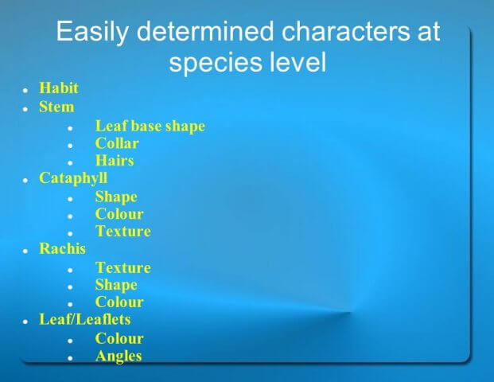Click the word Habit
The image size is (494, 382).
[x=59, y=88]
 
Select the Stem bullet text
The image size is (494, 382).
[x=56, y=107]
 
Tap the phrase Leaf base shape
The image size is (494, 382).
[x=150, y=127]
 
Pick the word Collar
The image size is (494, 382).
[x=117, y=143]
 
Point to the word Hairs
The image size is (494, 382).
[x=115, y=161]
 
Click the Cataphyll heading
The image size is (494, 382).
[x=73, y=178]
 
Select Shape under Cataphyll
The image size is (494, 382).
[x=116, y=197]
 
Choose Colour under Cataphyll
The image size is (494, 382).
[x=119, y=214]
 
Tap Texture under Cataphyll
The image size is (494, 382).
[x=123, y=232]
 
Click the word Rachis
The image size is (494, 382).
[x=62, y=248]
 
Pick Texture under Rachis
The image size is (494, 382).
[x=123, y=268]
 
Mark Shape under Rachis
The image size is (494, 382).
[x=116, y=285]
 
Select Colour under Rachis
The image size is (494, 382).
[x=119, y=302]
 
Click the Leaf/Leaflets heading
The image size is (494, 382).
[x=85, y=319]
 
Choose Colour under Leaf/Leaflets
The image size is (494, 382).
[x=119, y=338]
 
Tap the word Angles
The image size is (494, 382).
[x=119, y=357]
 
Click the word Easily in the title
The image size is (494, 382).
[x=92, y=32]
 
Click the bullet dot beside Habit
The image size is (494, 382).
[x=25, y=90]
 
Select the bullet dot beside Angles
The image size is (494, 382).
[x=70, y=358]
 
